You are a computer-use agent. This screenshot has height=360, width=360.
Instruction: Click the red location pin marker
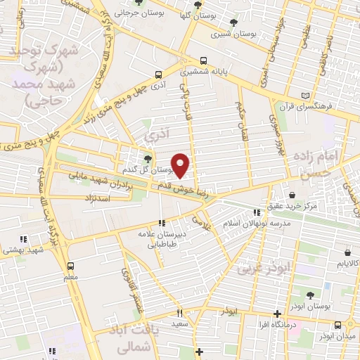(x=181, y=165)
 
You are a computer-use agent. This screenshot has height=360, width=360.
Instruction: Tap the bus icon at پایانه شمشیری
(x=204, y=60)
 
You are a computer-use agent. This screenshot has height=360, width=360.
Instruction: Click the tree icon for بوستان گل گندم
(x=147, y=159)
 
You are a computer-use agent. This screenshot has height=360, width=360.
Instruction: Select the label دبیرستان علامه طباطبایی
(x=163, y=240)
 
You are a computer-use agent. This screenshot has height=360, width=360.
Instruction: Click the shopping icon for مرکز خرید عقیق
(x=292, y=195)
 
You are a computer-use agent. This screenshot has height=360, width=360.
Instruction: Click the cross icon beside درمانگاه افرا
(x=278, y=314)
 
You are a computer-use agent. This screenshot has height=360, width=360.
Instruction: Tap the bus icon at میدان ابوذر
(x=339, y=324)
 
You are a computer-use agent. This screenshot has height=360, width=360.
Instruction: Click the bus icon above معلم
(x=70, y=266)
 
